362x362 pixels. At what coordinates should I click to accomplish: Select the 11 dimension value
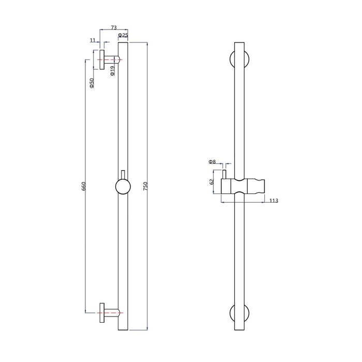(93, 39)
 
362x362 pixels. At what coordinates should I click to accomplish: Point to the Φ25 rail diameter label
(123, 35)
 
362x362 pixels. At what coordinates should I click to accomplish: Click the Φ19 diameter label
(112, 70)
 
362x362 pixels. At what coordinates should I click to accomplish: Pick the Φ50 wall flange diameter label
(92, 83)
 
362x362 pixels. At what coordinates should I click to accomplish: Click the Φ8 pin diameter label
(212, 162)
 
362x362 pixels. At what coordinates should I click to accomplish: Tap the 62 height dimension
(212, 182)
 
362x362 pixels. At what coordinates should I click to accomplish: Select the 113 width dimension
(274, 201)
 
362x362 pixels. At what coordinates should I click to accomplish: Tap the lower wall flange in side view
(102, 311)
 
